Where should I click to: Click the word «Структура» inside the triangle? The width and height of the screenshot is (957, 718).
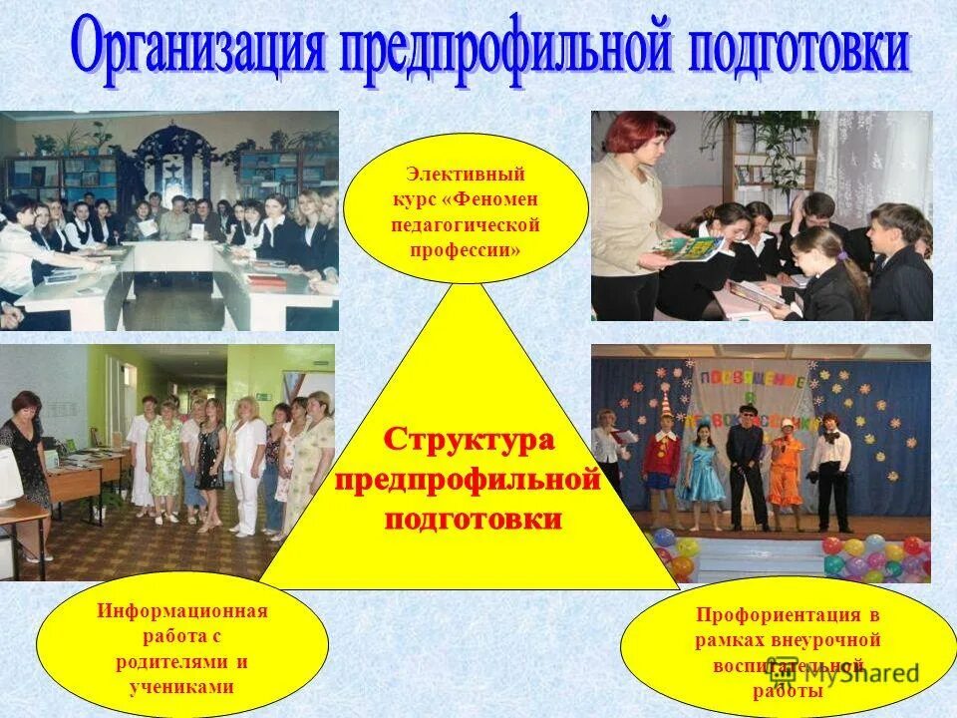[470, 439]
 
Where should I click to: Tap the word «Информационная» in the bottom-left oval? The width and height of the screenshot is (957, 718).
[182, 610]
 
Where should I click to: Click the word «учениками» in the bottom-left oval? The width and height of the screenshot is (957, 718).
[182, 687]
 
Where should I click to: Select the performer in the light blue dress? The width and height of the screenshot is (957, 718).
[704, 469]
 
